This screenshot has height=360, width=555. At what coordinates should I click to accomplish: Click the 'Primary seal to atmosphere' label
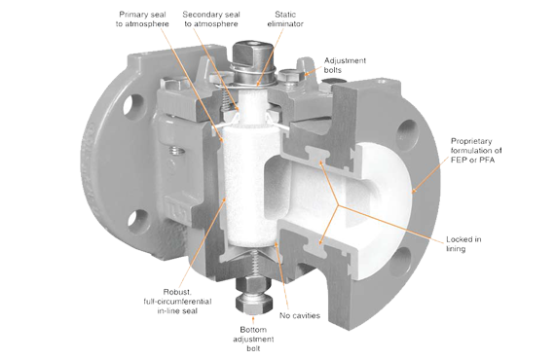click(x=142, y=19)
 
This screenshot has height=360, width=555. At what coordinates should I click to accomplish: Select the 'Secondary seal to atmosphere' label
click(x=211, y=19)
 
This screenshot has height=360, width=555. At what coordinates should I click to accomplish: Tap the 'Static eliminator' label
click(x=285, y=19)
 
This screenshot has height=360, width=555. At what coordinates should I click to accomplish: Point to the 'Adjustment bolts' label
click(x=345, y=65)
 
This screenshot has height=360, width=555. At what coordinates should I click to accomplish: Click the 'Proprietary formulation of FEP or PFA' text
click(x=476, y=150)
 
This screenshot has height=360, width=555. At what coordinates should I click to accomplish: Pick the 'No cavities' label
click(x=300, y=315)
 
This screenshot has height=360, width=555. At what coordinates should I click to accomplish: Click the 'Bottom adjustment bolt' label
click(x=253, y=339)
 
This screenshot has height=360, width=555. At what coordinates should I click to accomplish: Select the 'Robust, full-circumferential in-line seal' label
click(x=177, y=302)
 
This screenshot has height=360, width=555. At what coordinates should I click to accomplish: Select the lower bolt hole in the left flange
click(x=137, y=222)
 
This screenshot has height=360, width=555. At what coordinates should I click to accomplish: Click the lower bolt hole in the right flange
click(x=399, y=263)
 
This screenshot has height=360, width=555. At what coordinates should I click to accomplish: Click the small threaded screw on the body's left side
click(x=176, y=151)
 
